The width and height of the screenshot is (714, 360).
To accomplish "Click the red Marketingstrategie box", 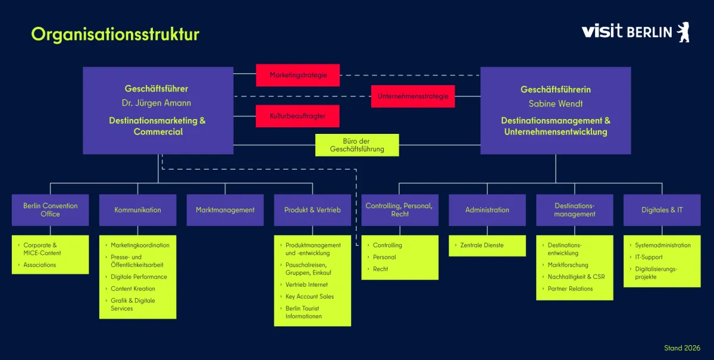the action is [x=297, y=75].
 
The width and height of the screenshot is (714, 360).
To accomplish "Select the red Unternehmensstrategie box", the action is [x=413, y=96].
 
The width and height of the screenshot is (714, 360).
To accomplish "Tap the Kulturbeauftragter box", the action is [x=297, y=116].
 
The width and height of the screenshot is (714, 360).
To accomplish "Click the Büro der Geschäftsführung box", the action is [x=357, y=145].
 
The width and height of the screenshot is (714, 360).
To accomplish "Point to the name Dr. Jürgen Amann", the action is [x=156, y=103].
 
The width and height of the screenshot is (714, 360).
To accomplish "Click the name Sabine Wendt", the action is [x=556, y=104].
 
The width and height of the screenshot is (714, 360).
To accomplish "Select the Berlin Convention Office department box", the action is [x=51, y=210].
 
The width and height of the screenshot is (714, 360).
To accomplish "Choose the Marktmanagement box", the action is [x=225, y=210].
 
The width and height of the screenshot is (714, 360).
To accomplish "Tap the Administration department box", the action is [x=487, y=210].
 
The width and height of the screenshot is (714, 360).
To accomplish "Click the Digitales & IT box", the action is [x=662, y=210].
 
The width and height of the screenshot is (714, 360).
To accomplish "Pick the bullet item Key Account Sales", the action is [x=309, y=296].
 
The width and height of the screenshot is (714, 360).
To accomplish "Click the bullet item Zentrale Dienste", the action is [x=482, y=245].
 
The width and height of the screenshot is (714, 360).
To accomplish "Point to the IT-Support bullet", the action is [x=649, y=257].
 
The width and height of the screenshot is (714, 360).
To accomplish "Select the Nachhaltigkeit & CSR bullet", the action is [x=577, y=277].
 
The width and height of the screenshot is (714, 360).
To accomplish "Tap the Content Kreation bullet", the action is [x=133, y=289].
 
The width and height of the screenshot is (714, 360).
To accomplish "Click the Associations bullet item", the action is [x=39, y=265].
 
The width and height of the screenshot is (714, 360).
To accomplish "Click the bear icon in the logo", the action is [x=683, y=32].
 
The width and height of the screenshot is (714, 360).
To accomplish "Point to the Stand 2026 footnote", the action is [x=682, y=348].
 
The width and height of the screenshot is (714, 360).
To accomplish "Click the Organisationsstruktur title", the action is [x=115, y=35].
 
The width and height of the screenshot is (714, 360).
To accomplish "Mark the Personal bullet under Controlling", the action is [x=384, y=257].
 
